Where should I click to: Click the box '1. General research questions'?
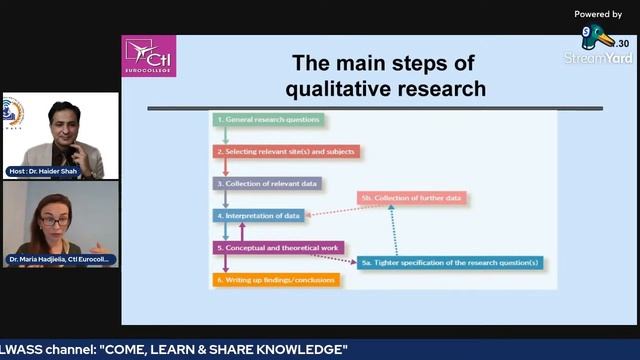pyautogui.click(x=268, y=120)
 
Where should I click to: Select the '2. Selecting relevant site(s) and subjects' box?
pyautogui.click(x=286, y=152)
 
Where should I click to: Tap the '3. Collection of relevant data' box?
pyautogui.click(x=266, y=184)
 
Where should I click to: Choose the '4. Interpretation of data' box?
pyautogui.click(x=258, y=215)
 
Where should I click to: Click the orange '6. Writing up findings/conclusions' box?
pyautogui.click(x=276, y=280)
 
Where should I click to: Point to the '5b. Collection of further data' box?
pyautogui.click(x=412, y=198)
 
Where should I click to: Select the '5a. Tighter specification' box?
pyautogui.click(x=450, y=263)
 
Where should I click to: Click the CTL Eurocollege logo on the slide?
pyautogui.click(x=149, y=56)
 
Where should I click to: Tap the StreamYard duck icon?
pyautogui.click(x=597, y=39)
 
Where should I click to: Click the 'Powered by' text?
pyautogui.click(x=598, y=14)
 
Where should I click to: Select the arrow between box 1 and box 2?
pyautogui.click(x=226, y=136)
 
